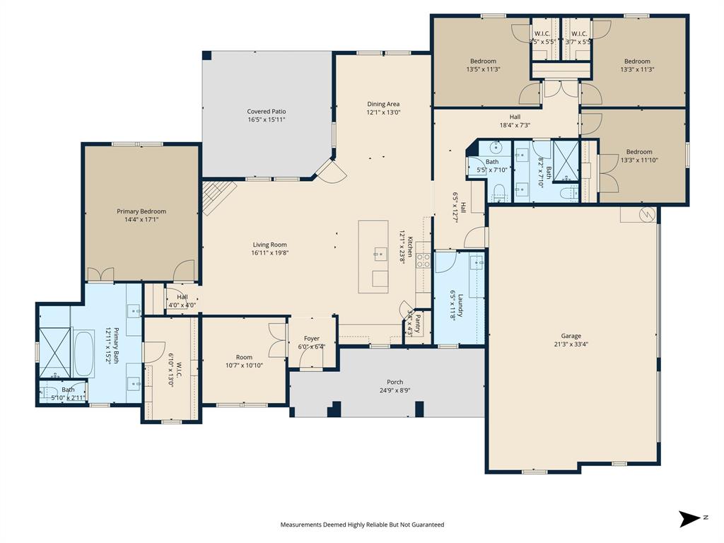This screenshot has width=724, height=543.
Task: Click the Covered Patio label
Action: coord(267,112)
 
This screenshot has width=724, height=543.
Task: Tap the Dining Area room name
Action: coord(383,104)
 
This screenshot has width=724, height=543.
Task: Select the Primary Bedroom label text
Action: coord(141,211)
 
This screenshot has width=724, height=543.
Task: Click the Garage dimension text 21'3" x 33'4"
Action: coord(571,344)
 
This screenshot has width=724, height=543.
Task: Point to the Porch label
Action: coord(395,382)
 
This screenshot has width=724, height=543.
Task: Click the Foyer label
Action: coord(312,339)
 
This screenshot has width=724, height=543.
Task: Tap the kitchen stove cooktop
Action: coord(423,261)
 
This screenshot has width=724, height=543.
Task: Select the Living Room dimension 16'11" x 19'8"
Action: coord(269,253)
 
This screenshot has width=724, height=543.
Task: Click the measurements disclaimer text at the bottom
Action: coord(362,525)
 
